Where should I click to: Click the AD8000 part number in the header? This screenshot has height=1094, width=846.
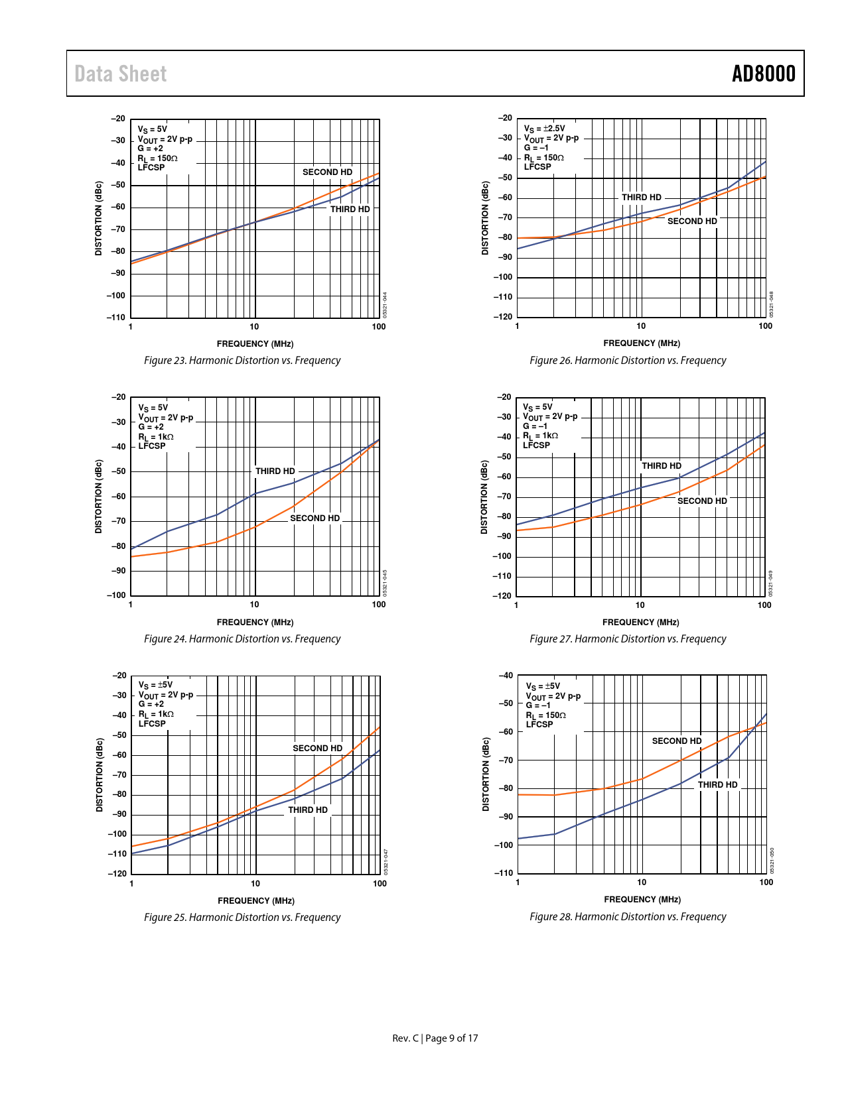(x=763, y=74)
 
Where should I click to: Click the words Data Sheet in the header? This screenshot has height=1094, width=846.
(x=120, y=74)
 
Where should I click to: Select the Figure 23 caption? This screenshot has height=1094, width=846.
(x=242, y=361)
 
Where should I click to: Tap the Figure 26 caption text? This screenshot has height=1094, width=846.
(x=628, y=361)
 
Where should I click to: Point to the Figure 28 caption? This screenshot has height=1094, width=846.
(x=628, y=917)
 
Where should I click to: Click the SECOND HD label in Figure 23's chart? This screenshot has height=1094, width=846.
(x=327, y=172)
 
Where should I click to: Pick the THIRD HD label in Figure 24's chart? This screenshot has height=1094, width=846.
(x=275, y=471)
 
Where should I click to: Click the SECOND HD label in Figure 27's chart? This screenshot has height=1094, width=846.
(x=702, y=501)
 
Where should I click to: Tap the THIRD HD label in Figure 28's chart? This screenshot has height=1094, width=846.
(x=717, y=785)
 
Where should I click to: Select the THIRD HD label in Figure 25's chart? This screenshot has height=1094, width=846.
(x=308, y=810)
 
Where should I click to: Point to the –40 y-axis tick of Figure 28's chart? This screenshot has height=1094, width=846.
(x=505, y=676)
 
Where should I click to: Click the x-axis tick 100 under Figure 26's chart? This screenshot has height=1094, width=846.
(x=765, y=326)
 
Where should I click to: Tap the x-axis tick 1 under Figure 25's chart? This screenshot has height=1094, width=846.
(x=131, y=884)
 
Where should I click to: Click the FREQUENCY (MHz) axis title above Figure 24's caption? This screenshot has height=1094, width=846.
(x=255, y=623)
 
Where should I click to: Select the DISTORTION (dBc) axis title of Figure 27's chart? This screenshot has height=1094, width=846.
(x=484, y=497)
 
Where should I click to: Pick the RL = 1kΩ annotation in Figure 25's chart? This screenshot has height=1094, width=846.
(x=156, y=714)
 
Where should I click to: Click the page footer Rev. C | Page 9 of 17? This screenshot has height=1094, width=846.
(x=435, y=1038)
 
